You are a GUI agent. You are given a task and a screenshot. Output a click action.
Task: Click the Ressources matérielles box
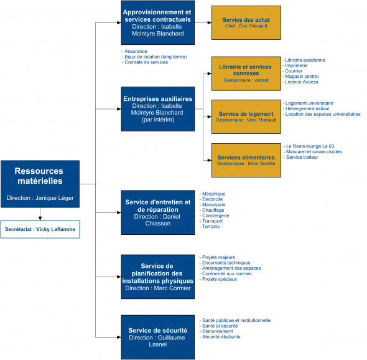pos(40,184)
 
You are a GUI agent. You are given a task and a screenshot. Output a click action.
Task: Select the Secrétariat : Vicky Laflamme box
pos(40,229)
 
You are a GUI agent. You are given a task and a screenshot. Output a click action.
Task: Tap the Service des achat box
pos(246,23)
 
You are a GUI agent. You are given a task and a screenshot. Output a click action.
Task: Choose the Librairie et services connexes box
pos(246,73)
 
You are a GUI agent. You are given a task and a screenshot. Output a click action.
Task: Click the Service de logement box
pos(246,116)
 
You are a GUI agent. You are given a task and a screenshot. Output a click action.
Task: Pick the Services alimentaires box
pos(246,160)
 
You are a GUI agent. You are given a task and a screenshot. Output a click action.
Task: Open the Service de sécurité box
pos(158,337)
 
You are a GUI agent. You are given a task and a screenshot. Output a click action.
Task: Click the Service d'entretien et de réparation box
pos(158,212)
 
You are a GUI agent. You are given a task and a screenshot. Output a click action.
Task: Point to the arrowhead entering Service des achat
pos(210,23)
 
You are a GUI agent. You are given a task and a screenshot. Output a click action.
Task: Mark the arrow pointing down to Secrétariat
pos(40,214)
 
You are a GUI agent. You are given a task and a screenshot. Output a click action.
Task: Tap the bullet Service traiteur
pos(302,157)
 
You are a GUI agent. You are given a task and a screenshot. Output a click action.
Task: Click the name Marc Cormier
pos(172,288)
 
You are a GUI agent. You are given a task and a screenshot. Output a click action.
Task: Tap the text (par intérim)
pos(158,120)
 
